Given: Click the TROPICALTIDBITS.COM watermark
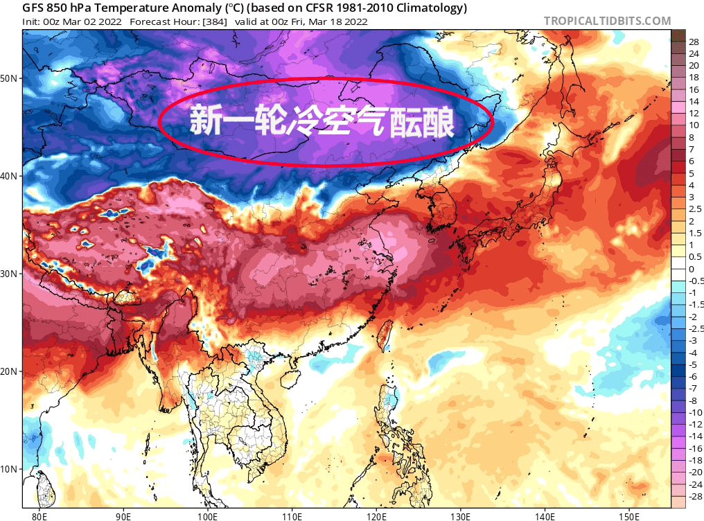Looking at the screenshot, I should click(607, 21).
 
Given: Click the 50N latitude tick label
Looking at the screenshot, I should click(9, 78).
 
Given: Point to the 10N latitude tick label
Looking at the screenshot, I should click(9, 469).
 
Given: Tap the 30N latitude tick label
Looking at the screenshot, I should click(9, 274).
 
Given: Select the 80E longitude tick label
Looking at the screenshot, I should click(39, 516).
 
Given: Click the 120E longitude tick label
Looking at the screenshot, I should click(376, 516).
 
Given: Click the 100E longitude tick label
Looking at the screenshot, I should click(208, 516).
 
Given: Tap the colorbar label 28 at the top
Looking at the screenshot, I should click(694, 42).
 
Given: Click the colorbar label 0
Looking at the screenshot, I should click(692, 269).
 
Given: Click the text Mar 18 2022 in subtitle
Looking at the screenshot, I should click(341, 21).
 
